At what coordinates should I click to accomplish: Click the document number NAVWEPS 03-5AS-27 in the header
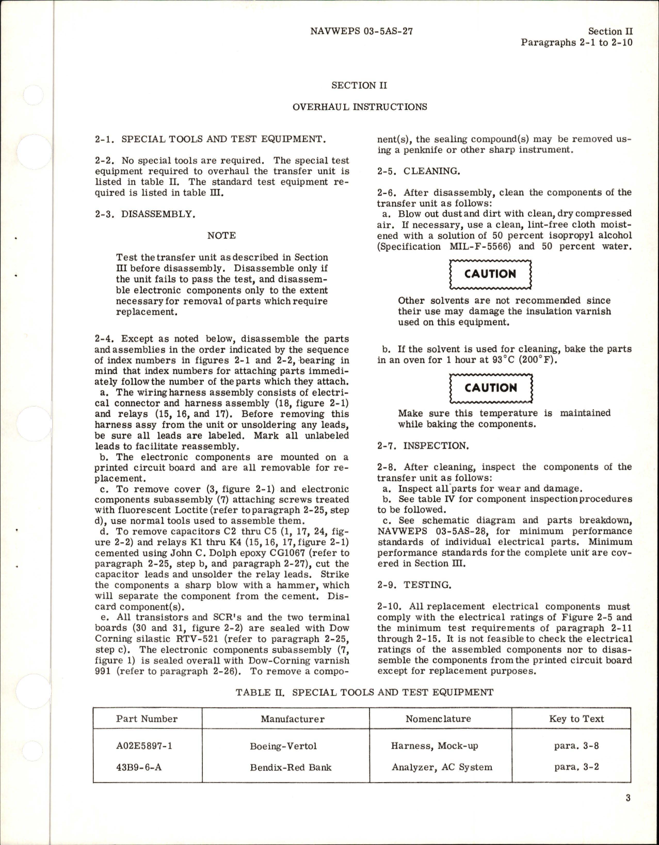[x=362, y=31]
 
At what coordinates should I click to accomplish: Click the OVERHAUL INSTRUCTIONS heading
[x=360, y=107]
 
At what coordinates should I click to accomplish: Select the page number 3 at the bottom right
[x=628, y=813]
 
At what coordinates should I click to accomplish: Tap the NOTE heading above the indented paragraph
[x=221, y=235]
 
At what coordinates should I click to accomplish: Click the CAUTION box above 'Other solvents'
[x=490, y=274]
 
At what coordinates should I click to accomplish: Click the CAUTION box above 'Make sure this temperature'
[x=490, y=388]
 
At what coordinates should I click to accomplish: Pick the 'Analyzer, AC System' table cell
[x=442, y=767]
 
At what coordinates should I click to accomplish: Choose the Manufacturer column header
[x=292, y=719]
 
